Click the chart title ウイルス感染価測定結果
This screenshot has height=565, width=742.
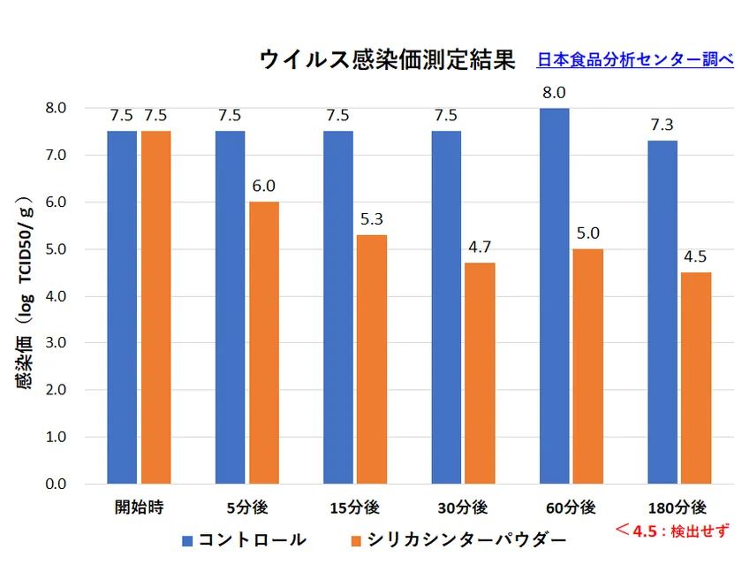[x=387, y=60]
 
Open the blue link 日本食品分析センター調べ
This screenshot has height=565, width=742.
[x=634, y=59]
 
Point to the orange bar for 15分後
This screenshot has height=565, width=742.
[x=372, y=359]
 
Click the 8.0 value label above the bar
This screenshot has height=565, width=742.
[x=555, y=92]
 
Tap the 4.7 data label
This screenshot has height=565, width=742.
[x=481, y=247]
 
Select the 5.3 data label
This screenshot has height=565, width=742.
[x=372, y=218]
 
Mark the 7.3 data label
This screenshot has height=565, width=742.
[x=662, y=125]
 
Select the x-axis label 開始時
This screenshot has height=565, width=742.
[x=140, y=508]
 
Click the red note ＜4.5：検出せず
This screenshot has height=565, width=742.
[x=673, y=531]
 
